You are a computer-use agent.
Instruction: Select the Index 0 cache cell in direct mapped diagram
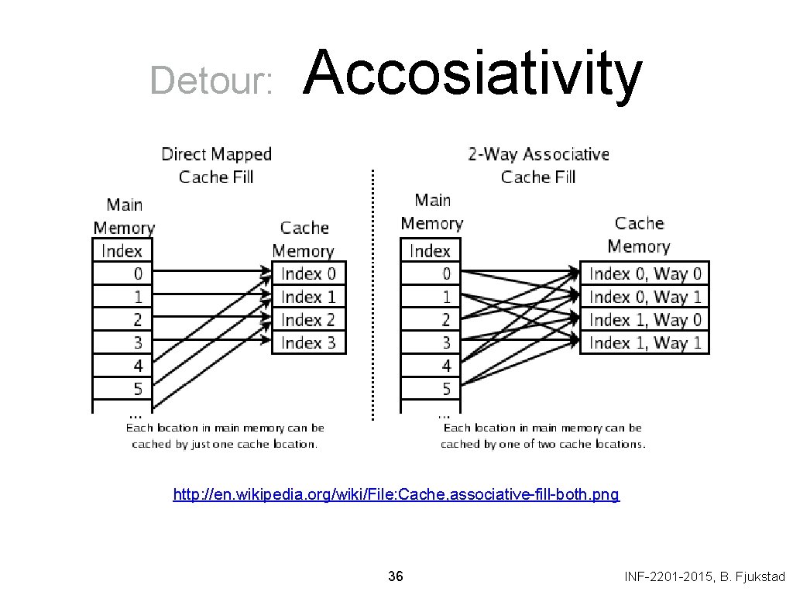[308, 273]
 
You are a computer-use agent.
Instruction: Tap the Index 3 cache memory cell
[308, 342]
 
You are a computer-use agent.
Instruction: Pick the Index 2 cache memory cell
[308, 320]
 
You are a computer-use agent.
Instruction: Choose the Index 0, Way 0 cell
[644, 273]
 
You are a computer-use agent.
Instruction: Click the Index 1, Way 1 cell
[644, 342]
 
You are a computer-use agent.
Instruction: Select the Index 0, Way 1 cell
[644, 297]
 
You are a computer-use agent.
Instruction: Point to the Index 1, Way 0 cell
[644, 320]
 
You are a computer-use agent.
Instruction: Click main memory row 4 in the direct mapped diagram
[122, 366]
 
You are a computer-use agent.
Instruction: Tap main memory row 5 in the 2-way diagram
[431, 389]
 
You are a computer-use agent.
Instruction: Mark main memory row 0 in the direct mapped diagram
[122, 273]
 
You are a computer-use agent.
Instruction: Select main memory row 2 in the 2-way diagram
[431, 320]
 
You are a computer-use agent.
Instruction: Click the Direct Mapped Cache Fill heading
[216, 165]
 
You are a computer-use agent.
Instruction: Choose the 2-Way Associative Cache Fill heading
[538, 165]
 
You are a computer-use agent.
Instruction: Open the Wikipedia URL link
[396, 494]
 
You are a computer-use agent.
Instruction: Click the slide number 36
[395, 576]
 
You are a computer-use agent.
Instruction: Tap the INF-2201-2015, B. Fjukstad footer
[704, 576]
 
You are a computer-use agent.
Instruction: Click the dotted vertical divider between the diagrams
[373, 294]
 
